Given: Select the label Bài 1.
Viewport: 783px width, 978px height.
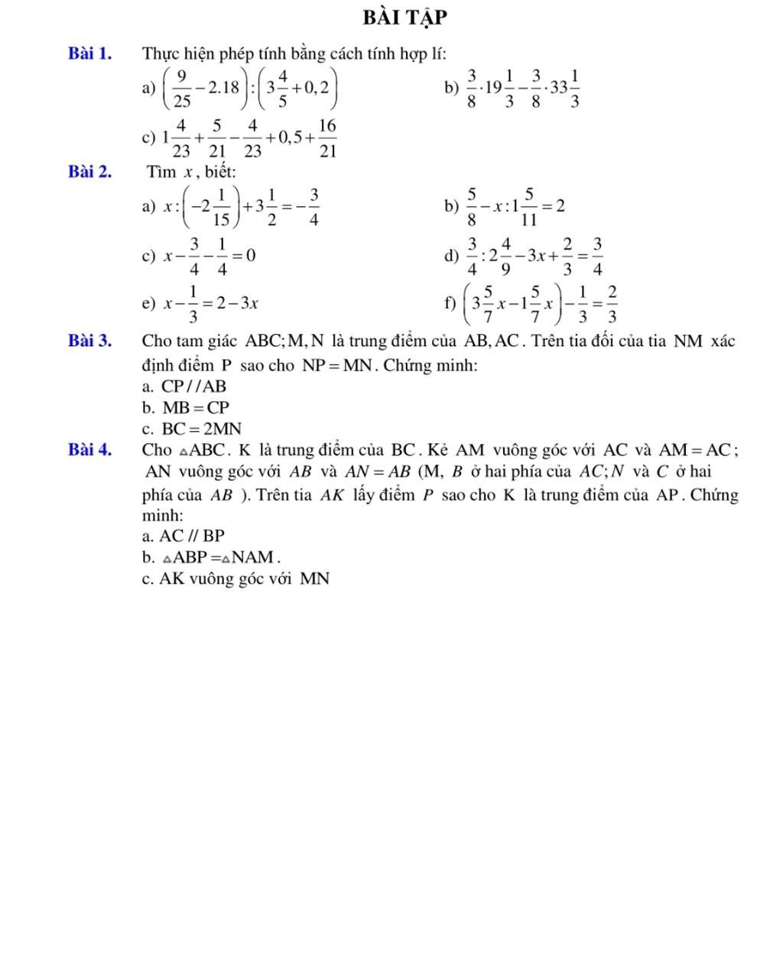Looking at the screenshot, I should coord(89,53).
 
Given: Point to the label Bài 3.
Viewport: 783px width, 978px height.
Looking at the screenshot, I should coord(89,341).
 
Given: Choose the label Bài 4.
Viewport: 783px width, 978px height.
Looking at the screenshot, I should coord(89,449).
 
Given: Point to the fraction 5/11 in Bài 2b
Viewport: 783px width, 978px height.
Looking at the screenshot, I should coord(528,207).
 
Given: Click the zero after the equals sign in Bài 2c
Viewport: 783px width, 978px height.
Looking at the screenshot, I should coord(250,255).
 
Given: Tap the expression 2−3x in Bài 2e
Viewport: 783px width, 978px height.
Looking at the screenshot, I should coord(236,303).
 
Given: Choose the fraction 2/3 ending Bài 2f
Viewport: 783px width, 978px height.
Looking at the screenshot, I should coord(611,303).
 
